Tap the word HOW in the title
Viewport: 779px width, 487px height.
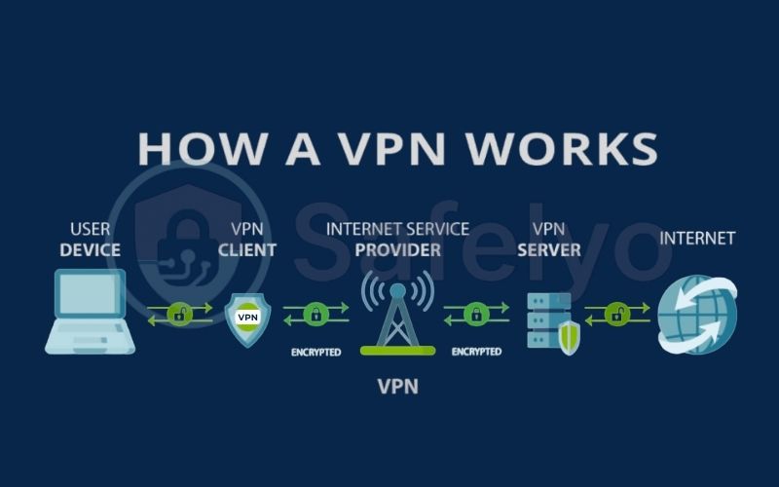(195, 148)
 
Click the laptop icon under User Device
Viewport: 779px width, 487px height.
(90, 311)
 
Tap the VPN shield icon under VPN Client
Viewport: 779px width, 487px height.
(247, 317)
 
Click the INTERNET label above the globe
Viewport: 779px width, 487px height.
(697, 238)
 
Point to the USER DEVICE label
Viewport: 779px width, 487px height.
(90, 240)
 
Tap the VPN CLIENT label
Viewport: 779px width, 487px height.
(246, 240)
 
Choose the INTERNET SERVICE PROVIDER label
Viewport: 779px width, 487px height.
(397, 240)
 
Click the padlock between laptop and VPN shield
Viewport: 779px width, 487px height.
(179, 314)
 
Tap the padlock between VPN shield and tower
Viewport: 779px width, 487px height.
(315, 314)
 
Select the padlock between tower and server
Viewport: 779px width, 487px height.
(475, 314)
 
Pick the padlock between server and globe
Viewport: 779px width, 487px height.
(615, 314)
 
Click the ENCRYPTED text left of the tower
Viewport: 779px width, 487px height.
(315, 352)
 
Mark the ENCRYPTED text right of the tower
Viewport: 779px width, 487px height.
(475, 352)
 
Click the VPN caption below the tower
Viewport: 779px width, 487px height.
(397, 387)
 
